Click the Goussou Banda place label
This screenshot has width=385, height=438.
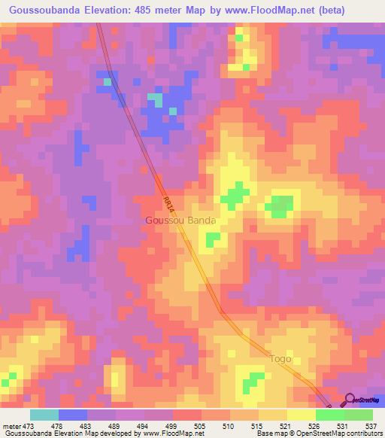coord(180,221)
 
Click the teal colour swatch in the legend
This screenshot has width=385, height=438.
coord(44,415)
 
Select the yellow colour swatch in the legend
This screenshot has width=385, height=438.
coord(301,415)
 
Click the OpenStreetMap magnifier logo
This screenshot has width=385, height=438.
coord(350,400)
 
